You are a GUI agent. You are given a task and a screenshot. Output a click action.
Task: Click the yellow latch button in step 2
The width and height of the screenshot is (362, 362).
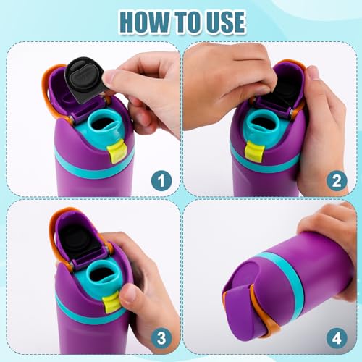click(253, 150)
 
